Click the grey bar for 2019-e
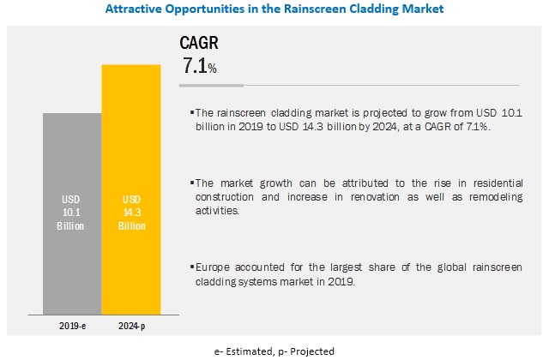tap(72, 214)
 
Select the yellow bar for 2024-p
tap(130, 189)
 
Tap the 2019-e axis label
tap(72, 326)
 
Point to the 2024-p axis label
tap(130, 326)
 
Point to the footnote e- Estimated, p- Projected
tap(274, 351)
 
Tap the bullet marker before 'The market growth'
tap(191, 183)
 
